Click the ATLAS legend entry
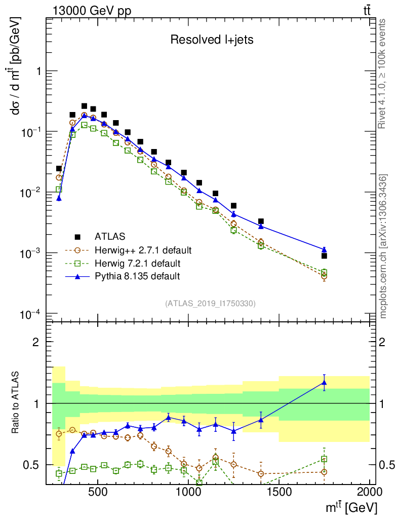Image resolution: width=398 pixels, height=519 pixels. (109, 236)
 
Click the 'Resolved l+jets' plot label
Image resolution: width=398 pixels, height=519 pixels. (212, 40)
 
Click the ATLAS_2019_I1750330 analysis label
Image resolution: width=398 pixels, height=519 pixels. (210, 304)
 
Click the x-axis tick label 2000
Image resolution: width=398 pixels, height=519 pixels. (370, 492)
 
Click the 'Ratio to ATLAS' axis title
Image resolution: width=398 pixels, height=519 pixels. (17, 403)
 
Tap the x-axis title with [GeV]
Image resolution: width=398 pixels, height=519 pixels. (350, 507)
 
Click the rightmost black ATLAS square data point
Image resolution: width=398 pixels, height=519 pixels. (324, 256)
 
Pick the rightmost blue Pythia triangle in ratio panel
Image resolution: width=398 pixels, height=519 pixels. (324, 383)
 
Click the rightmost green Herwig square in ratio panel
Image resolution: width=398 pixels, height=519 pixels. (324, 459)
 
